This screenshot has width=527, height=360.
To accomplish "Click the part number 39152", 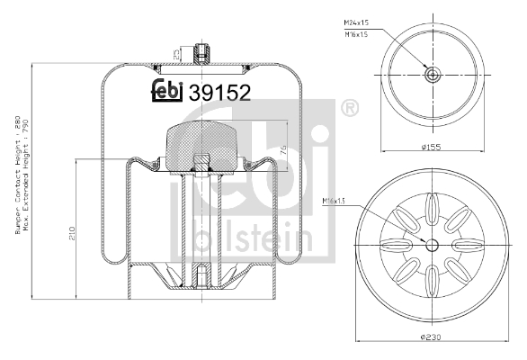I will (218, 91).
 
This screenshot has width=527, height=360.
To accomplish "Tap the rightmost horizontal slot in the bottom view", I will (466, 245).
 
